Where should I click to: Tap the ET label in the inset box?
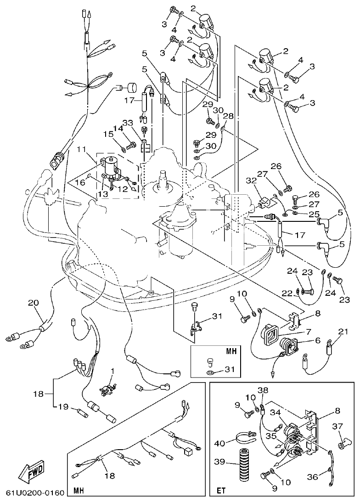221,491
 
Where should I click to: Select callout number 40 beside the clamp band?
220,444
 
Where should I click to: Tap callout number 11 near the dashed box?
81,149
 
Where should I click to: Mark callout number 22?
287,293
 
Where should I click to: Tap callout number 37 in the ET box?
339,427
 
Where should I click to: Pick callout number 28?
228,116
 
